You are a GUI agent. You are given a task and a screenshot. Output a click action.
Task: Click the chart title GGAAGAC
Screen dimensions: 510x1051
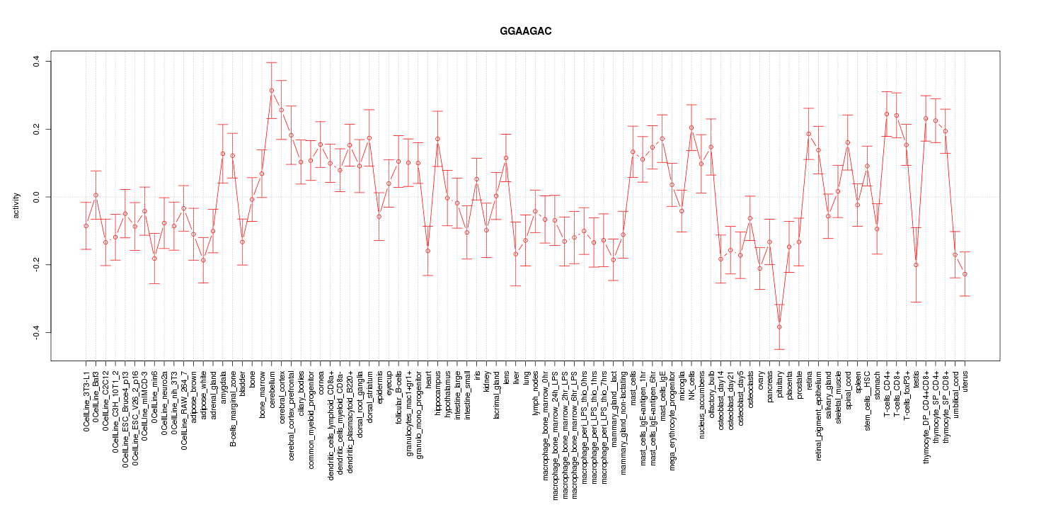coord(525,32)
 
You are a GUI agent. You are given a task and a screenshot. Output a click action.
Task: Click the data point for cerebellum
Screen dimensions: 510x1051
coord(271,91)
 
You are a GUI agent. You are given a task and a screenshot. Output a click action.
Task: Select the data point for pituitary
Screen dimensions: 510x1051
coord(779,327)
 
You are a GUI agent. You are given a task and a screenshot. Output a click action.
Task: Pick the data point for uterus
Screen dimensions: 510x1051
coord(965,273)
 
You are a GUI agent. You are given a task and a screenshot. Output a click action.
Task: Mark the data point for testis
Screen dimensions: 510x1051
coord(916,265)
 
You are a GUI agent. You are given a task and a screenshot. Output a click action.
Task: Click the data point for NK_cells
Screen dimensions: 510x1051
coord(691,128)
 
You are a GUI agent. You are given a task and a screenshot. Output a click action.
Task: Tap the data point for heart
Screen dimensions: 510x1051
coord(427,251)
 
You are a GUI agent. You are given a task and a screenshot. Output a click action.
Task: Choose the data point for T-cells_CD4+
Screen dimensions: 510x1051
coord(887,114)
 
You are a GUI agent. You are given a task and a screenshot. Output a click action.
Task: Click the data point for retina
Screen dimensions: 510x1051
coord(808,134)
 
